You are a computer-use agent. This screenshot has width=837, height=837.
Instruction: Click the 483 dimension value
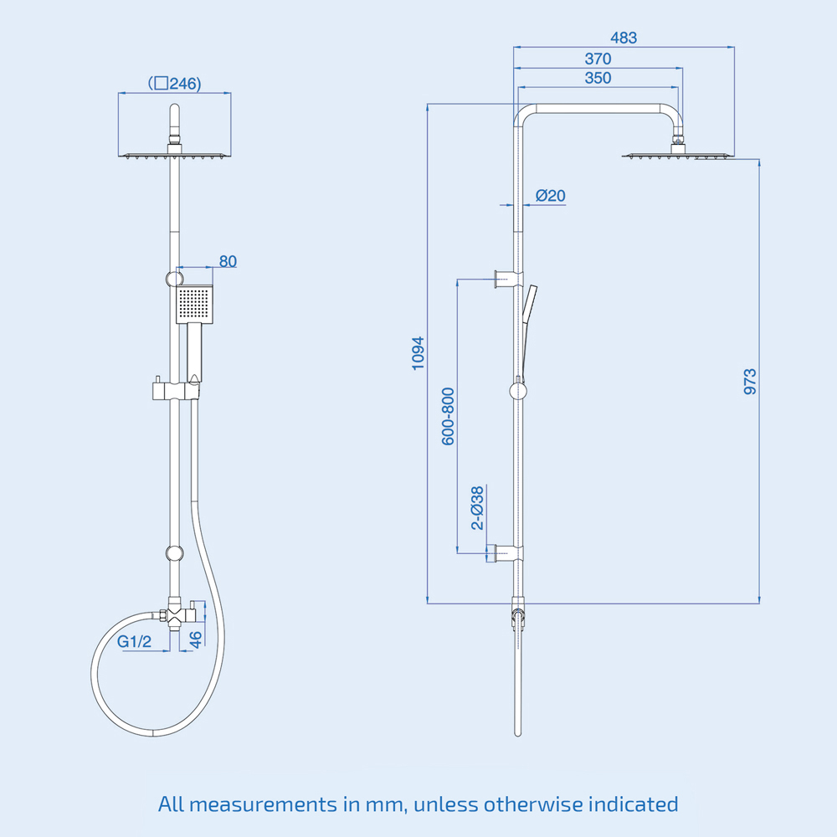[624, 38]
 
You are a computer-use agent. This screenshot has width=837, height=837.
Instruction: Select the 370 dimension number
[598, 59]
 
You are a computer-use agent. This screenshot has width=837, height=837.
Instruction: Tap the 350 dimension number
[598, 78]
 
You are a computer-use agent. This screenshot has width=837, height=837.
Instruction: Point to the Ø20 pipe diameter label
[550, 196]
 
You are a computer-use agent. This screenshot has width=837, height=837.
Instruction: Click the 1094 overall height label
[418, 353]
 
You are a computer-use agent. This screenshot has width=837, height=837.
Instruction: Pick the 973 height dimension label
[750, 382]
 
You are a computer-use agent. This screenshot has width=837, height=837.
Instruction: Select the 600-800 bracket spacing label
[449, 415]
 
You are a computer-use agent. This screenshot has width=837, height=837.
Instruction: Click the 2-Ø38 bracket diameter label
[476, 507]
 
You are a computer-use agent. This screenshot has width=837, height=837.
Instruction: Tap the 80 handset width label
[228, 261]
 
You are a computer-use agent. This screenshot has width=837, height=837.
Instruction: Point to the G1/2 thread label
[134, 642]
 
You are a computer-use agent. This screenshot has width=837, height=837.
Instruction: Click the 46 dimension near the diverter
[196, 640]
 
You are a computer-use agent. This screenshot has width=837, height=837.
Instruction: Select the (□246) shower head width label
[175, 84]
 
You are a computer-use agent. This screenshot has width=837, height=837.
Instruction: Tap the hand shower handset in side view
[527, 318]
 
